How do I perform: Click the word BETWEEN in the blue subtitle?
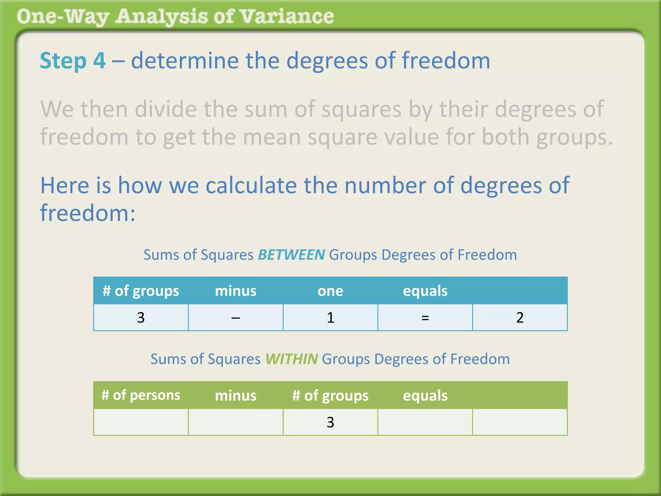(x=291, y=255)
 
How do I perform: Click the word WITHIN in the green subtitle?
(x=291, y=359)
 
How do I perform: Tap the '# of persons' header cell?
(x=141, y=395)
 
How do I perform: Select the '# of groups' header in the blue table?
(x=141, y=291)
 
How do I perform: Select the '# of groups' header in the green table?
(x=330, y=396)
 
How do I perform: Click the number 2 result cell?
(x=520, y=318)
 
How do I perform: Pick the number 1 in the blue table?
(x=330, y=318)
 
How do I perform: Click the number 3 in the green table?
(x=330, y=422)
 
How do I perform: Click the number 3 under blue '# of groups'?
(x=141, y=318)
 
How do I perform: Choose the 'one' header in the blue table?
(x=330, y=291)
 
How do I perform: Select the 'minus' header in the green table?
(x=236, y=396)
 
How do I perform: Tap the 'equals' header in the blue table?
(x=425, y=291)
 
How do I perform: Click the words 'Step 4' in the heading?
(x=73, y=61)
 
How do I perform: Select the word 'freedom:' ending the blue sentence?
(x=87, y=213)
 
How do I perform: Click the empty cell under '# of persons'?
(x=141, y=422)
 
